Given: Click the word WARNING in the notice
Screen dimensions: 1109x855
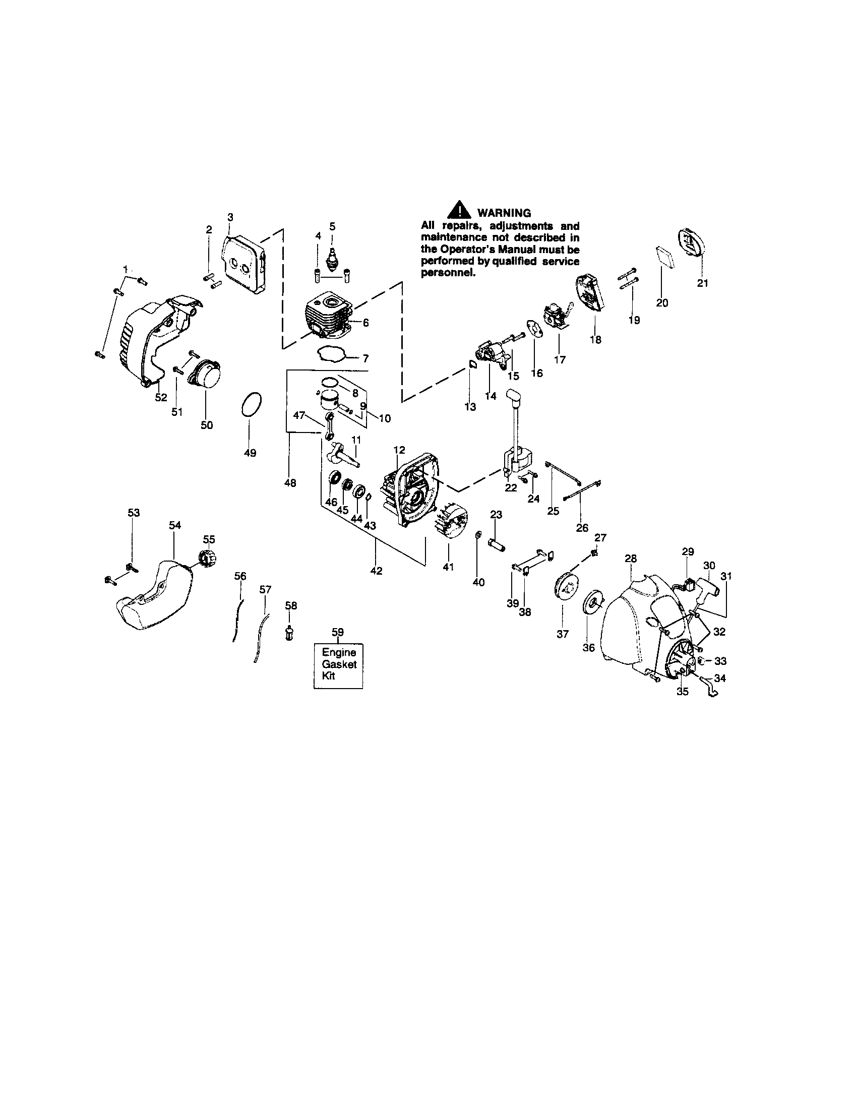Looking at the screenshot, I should [504, 213].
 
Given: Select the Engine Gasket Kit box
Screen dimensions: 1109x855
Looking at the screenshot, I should [339, 664].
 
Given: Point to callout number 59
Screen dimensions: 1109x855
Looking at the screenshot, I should [338, 632].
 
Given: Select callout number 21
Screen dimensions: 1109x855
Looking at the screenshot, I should [702, 283].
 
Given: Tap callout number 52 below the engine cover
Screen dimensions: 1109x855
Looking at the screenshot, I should [161, 397].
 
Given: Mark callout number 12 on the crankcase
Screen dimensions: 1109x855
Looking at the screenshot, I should [399, 449].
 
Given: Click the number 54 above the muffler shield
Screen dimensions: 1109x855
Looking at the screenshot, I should [174, 525].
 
